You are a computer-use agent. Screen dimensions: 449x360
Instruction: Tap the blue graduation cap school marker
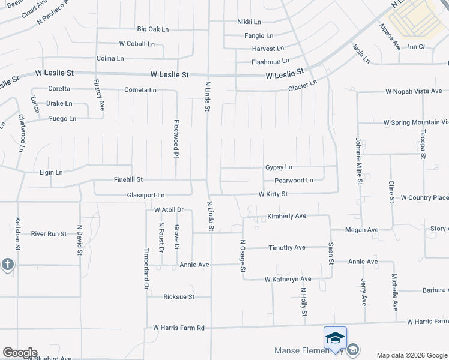coord(335,338)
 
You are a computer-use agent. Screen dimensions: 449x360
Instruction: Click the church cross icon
coord(7,265)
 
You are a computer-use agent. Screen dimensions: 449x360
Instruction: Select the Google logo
coord(20,353)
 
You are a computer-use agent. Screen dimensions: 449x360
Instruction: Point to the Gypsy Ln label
coord(279,167)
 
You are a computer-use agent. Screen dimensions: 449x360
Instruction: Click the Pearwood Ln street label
coord(294,181)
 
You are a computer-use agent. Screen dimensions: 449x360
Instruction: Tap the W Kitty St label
coord(273,194)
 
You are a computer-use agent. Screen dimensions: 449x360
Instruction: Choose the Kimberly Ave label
coord(287,216)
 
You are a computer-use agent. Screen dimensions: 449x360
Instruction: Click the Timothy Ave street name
coord(287,248)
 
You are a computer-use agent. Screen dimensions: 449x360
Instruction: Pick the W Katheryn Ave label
coord(288,280)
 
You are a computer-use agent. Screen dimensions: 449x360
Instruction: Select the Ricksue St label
coord(179,297)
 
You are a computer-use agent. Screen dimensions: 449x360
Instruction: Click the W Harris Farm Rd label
coord(179,328)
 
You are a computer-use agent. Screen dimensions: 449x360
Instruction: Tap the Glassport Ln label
coord(145,196)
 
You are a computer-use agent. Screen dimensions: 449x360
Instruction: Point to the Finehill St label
coord(128,179)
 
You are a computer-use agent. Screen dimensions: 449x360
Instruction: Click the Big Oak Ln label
coord(153,29)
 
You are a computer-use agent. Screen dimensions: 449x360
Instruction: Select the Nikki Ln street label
coord(249,22)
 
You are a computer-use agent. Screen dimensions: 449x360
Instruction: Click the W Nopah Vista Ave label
coord(414,92)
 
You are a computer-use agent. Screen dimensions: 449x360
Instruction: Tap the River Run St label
coord(49,234)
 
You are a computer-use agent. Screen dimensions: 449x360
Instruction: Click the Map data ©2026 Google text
coord(411,355)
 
